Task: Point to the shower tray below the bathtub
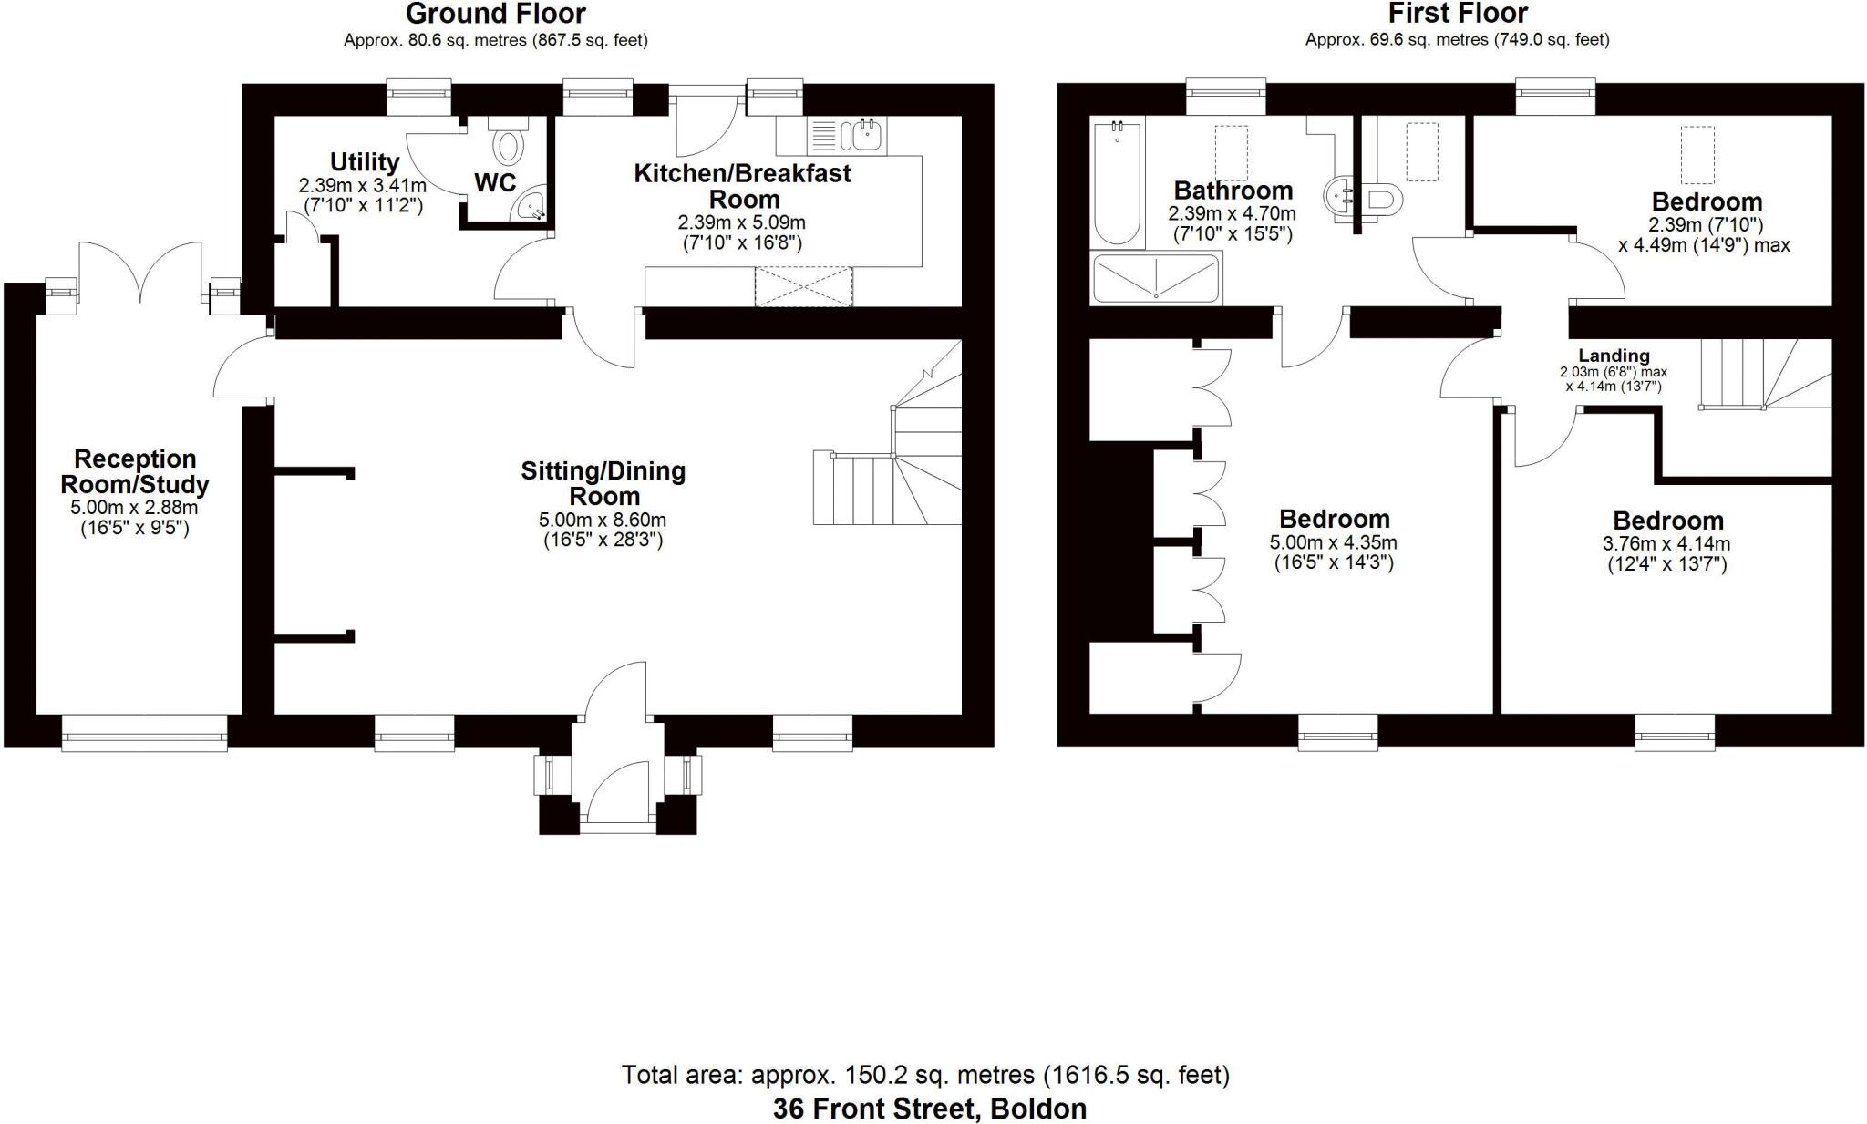(1156, 279)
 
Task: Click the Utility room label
(364, 162)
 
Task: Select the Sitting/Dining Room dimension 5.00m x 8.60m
(603, 521)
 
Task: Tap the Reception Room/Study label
(135, 471)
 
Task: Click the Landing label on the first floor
(1614, 356)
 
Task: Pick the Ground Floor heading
(495, 14)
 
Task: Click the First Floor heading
(1457, 14)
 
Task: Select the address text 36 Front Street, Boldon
(929, 1109)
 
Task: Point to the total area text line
(925, 1075)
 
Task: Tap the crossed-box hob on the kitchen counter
(803, 287)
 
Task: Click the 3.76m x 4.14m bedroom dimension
(1666, 544)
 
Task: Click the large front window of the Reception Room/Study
(144, 732)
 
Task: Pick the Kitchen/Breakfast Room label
(743, 185)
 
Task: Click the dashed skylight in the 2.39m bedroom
(1697, 154)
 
